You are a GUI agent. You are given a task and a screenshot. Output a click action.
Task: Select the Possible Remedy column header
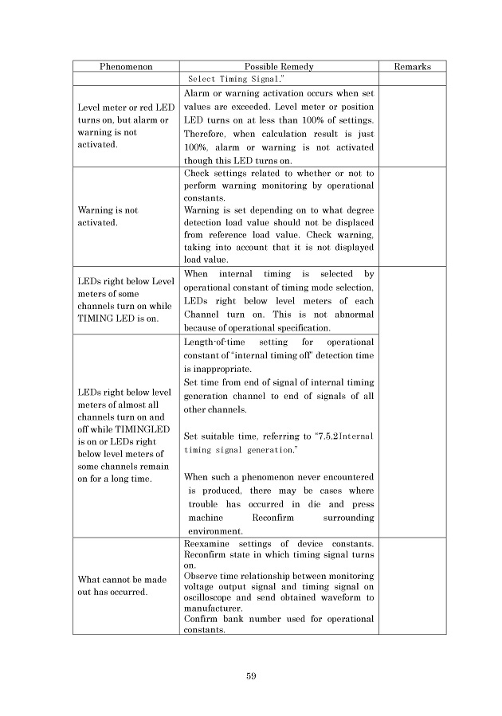pyautogui.click(x=278, y=67)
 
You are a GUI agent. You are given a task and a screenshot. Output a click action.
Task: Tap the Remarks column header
pyautogui.click(x=412, y=67)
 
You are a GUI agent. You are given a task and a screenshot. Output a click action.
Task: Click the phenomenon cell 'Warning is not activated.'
pyautogui.click(x=108, y=216)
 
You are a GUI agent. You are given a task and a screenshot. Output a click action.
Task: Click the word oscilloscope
pyautogui.click(x=215, y=597)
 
